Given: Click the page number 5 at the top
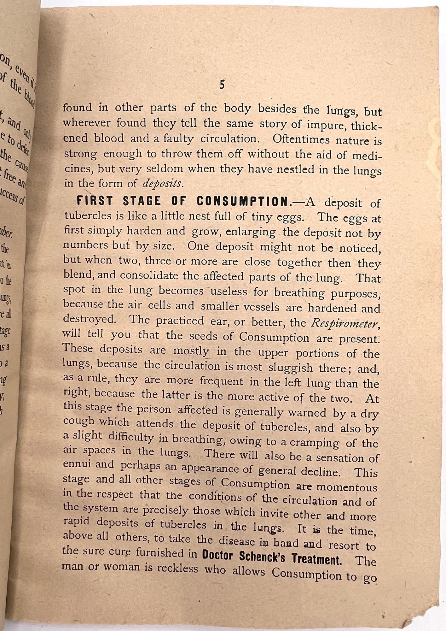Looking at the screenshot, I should coord(222,86).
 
